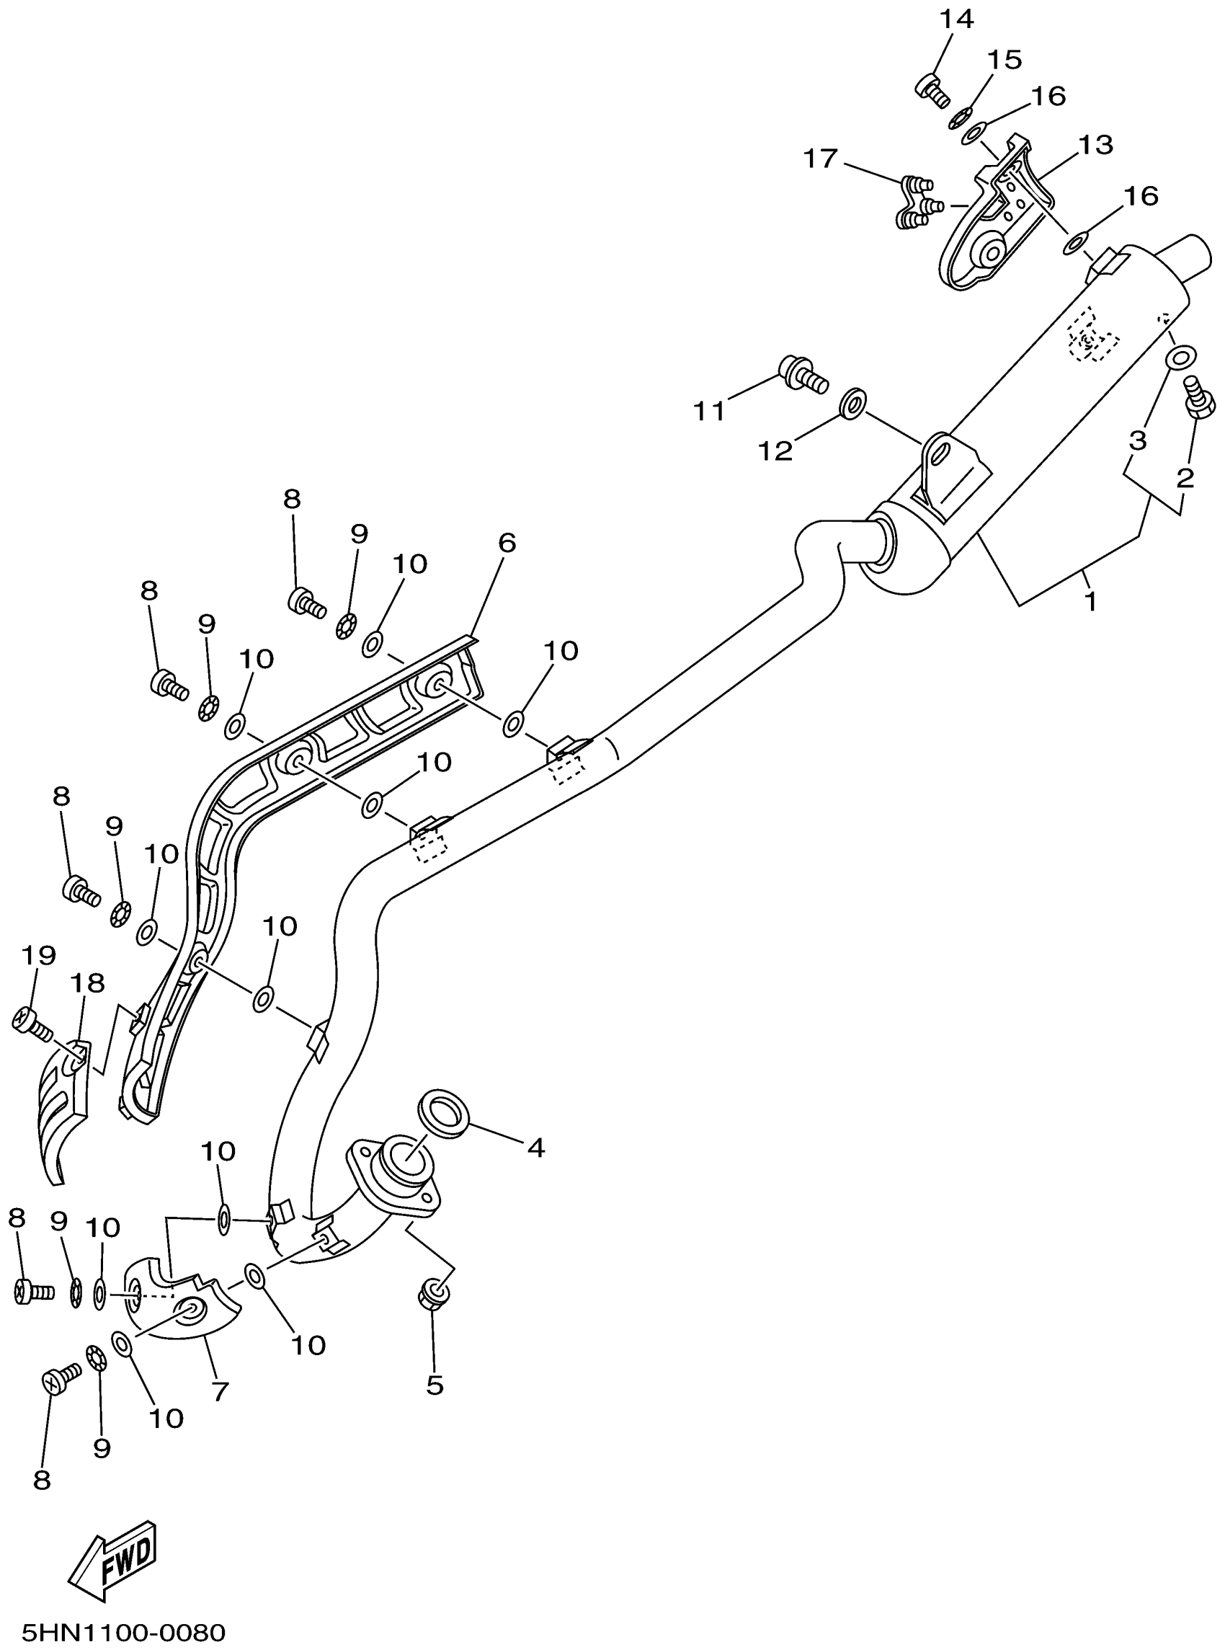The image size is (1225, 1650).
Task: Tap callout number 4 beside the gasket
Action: (535, 1148)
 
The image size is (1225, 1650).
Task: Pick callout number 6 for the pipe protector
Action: (507, 543)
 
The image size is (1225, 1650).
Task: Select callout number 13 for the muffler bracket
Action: (1096, 146)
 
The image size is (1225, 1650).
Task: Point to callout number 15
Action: (1004, 60)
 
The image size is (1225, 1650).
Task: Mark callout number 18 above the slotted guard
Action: (86, 983)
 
